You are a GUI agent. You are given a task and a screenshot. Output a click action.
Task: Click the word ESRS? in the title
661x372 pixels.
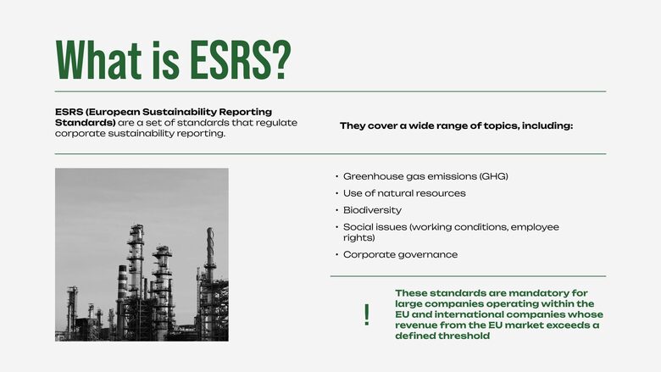241,59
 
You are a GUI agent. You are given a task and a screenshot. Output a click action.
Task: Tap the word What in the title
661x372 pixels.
98,59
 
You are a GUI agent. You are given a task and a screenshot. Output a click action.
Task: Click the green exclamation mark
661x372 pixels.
367,314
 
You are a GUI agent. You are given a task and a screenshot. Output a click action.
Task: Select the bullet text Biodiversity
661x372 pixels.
372,210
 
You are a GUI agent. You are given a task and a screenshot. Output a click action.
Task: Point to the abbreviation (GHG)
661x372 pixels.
494,176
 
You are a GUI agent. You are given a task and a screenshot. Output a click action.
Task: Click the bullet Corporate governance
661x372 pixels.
400,254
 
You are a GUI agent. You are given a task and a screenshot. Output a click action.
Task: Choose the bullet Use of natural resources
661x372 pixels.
404,193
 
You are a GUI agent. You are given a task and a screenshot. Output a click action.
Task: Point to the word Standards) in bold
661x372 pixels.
85,123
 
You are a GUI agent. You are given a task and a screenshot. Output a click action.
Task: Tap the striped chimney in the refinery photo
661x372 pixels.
122,282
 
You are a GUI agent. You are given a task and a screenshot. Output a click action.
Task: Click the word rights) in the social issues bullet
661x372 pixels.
358,237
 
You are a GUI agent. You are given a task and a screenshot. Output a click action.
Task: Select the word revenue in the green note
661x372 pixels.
415,325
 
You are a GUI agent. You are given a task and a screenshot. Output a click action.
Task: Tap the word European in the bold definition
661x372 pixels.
114,112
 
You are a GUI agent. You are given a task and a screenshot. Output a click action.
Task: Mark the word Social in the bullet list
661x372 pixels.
356,226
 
